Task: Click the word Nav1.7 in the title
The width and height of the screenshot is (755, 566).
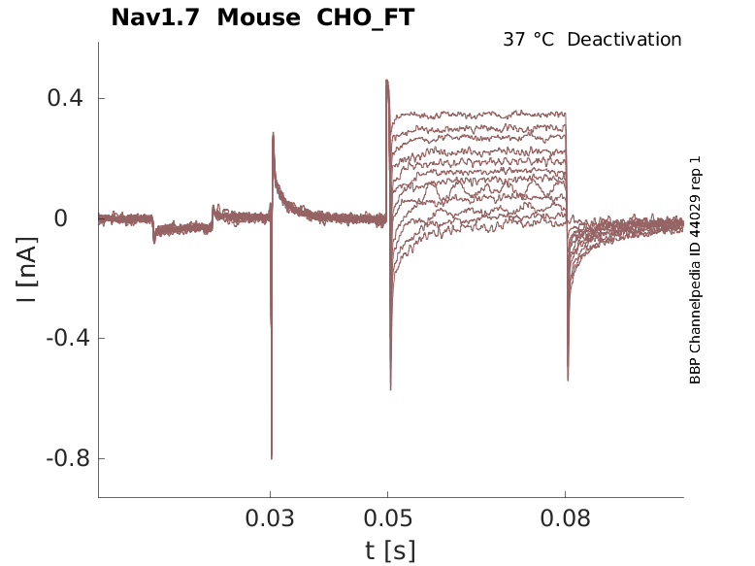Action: tap(156, 17)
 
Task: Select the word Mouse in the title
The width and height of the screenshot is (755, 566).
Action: tap(258, 17)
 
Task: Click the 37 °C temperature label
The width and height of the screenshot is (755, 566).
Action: tap(530, 40)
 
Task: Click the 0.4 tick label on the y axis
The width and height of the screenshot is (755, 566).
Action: tap(64, 99)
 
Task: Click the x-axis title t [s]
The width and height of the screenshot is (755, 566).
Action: tap(390, 550)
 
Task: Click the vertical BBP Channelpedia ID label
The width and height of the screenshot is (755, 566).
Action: tap(695, 270)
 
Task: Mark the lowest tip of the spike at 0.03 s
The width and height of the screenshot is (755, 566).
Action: tap(272, 458)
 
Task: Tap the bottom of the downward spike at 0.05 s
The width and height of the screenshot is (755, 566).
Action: tap(390, 389)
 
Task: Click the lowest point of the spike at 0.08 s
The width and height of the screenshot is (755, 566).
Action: tap(568, 381)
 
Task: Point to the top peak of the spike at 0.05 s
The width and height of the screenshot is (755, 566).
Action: tap(387, 81)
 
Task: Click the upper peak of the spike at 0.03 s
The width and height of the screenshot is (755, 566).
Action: tap(273, 133)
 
